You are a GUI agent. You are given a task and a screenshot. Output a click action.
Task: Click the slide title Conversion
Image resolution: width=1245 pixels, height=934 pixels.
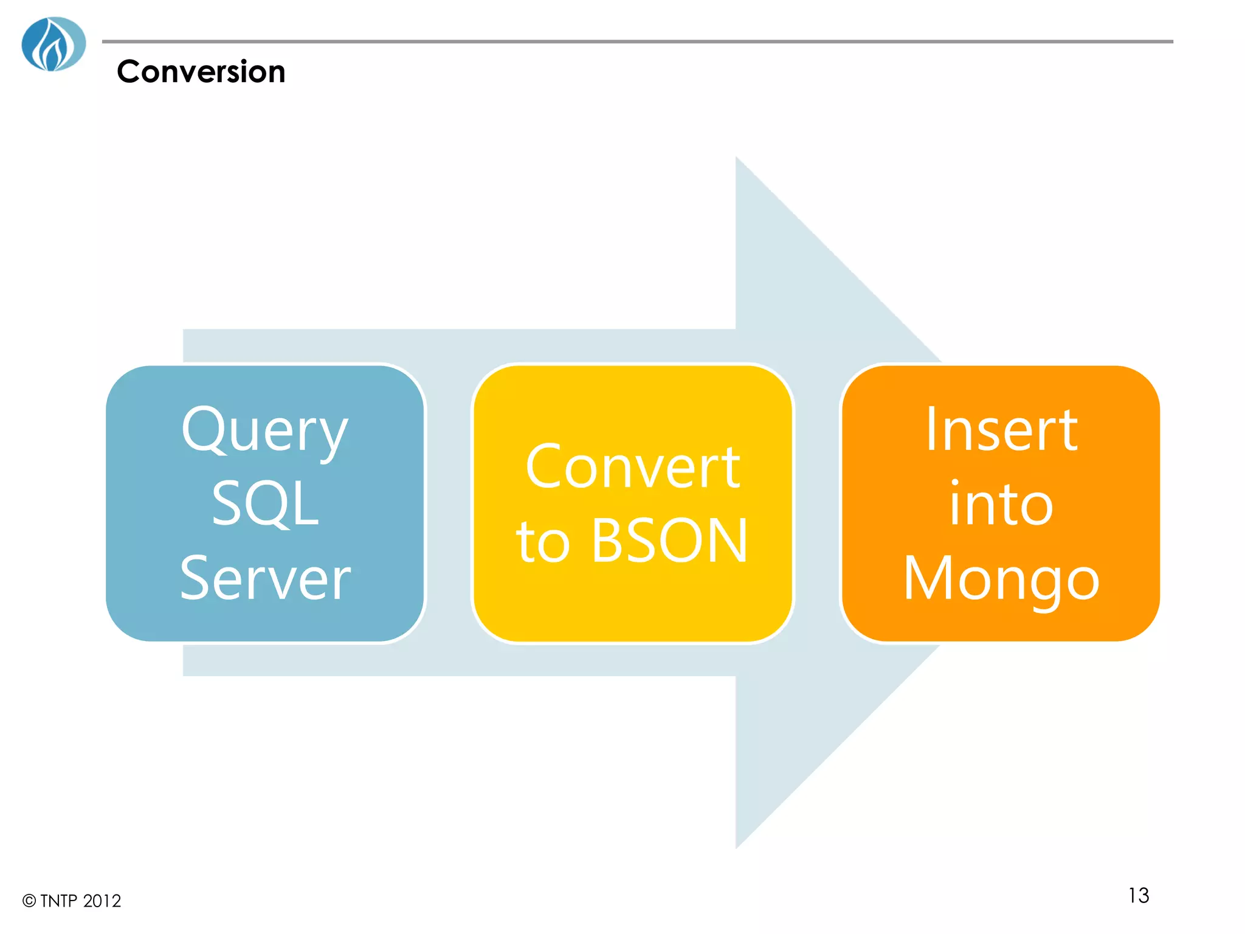(x=201, y=72)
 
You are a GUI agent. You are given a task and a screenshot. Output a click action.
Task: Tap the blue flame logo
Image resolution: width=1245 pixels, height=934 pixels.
(x=53, y=44)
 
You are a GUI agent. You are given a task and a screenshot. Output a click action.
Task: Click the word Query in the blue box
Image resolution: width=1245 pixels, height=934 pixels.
(x=265, y=431)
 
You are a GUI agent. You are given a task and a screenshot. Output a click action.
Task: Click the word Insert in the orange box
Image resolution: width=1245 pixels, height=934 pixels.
(x=1001, y=430)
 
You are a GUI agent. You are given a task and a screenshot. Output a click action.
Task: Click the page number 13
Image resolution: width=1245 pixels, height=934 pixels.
(x=1138, y=895)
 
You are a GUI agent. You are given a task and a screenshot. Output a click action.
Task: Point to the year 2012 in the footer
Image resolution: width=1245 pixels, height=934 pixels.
(x=102, y=901)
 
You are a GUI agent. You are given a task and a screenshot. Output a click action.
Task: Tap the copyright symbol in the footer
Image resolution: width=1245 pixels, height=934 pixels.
(x=29, y=901)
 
